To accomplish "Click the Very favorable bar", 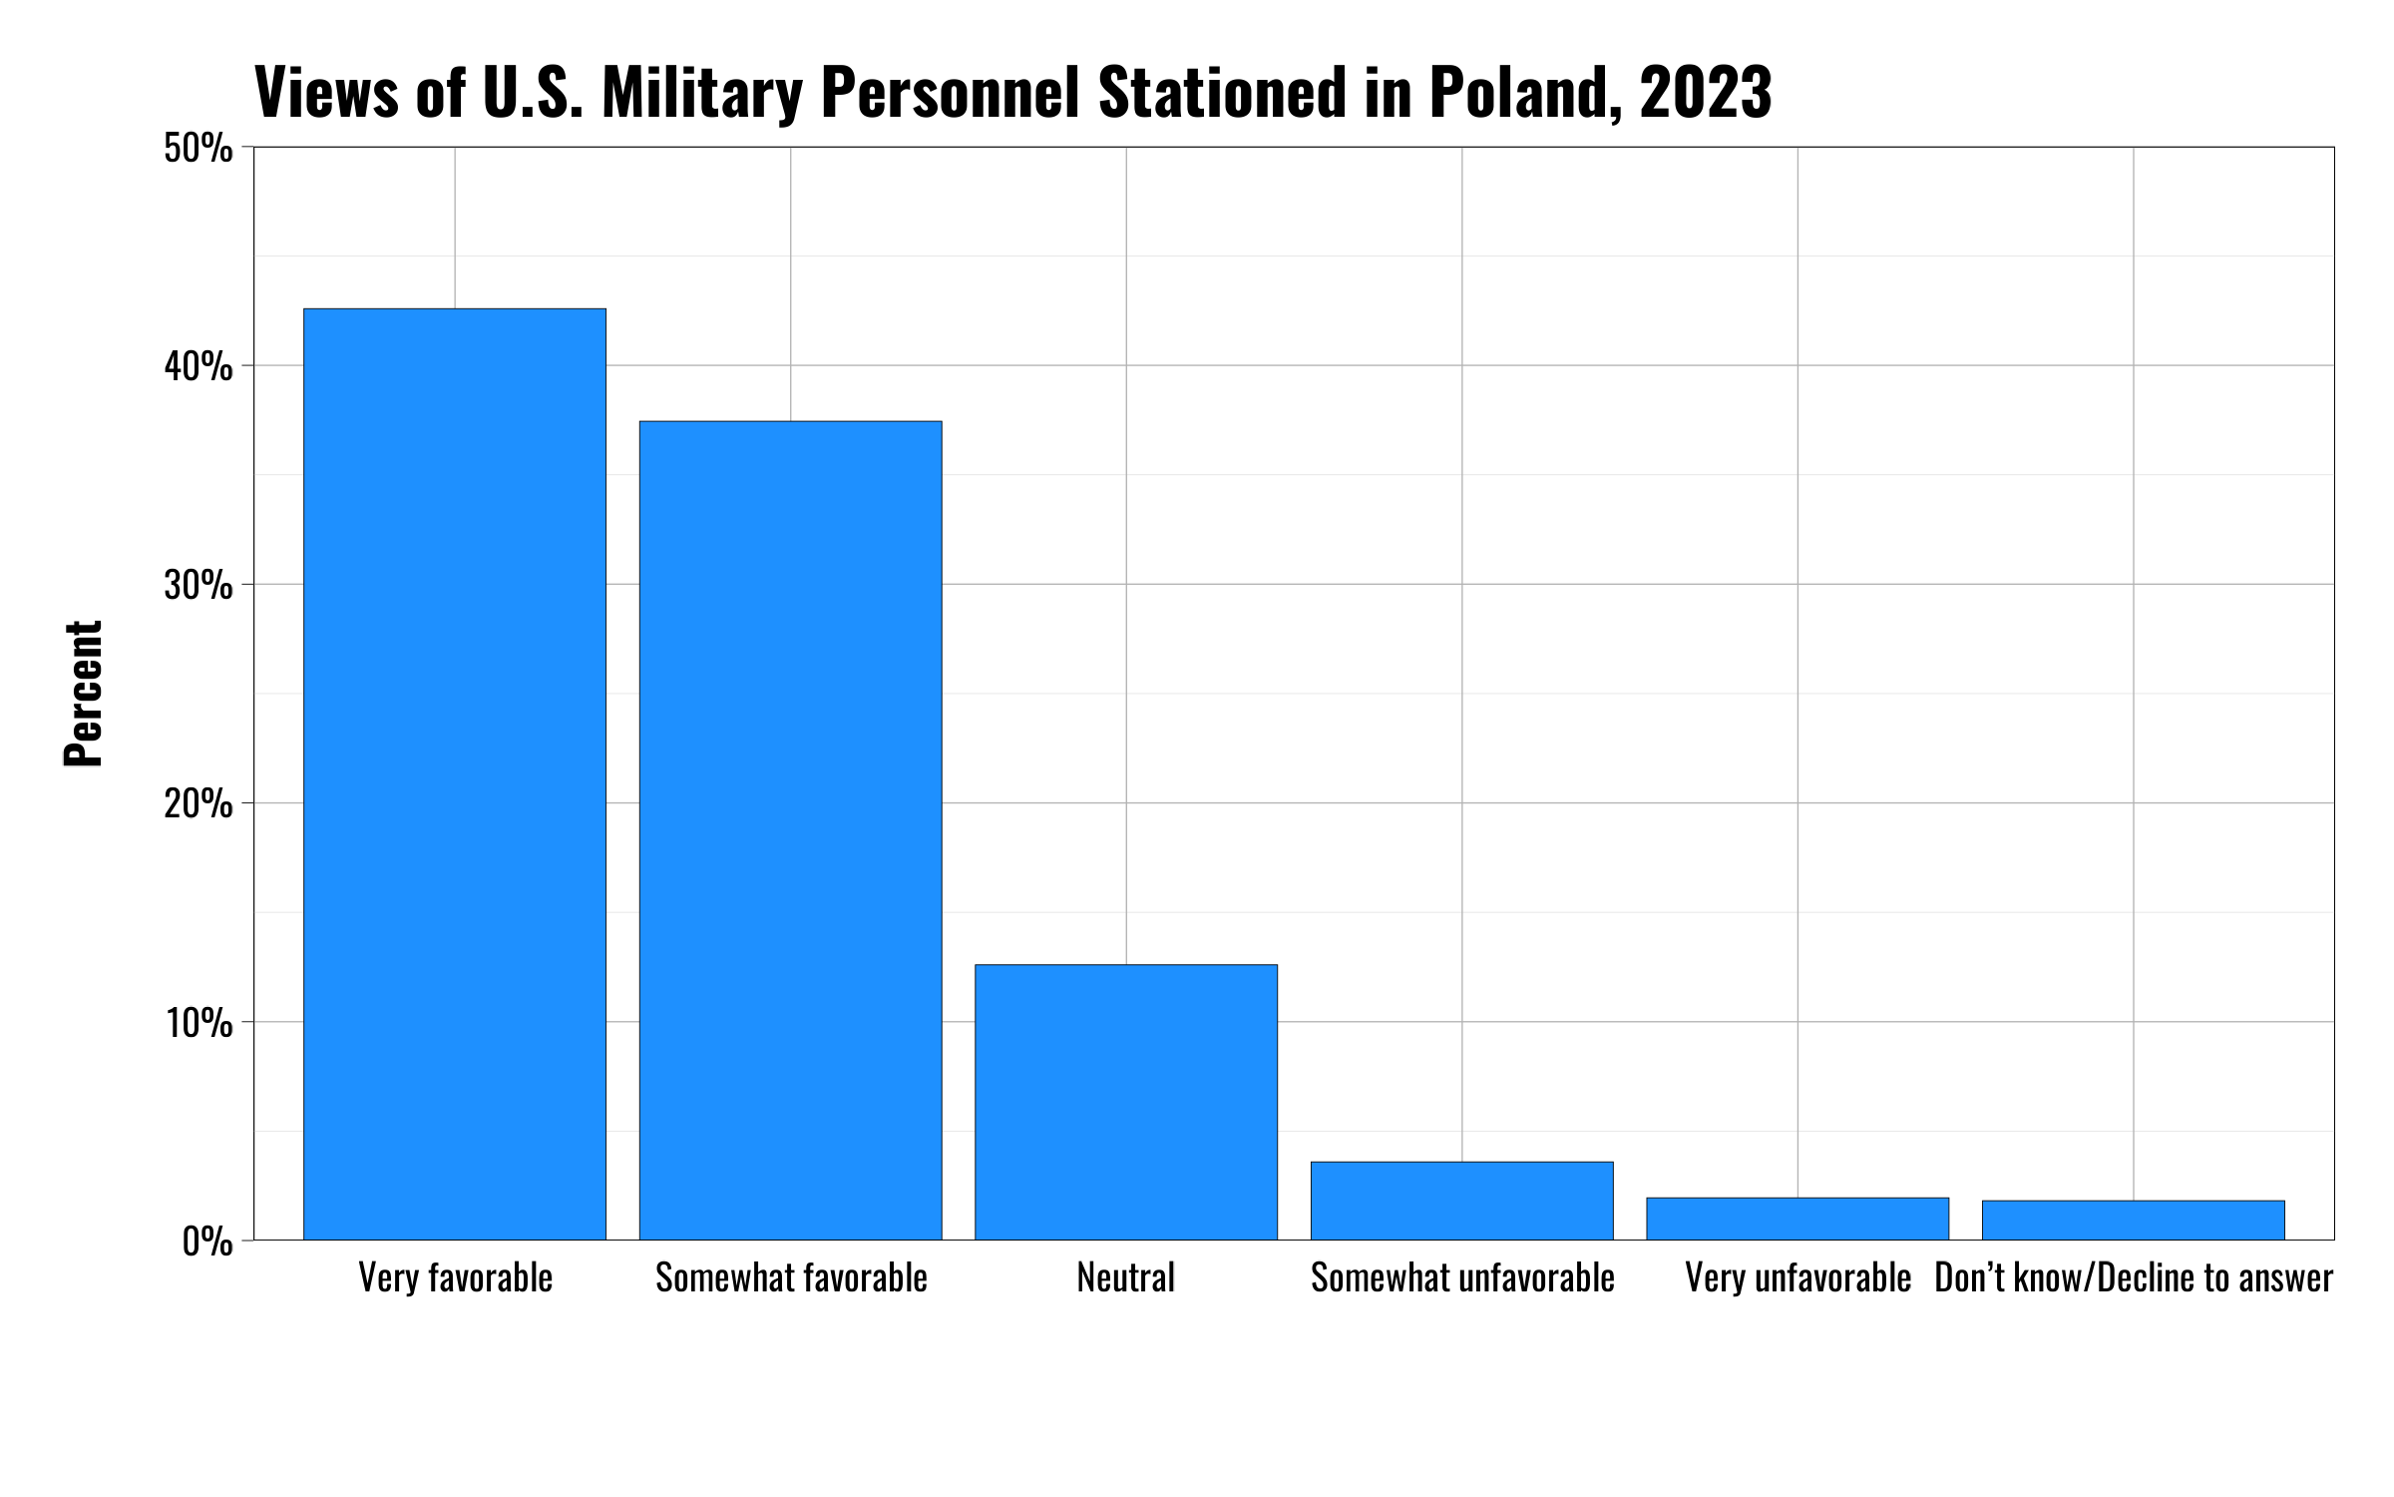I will [455, 774].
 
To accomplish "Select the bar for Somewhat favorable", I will [790, 830].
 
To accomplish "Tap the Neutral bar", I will [1126, 1102].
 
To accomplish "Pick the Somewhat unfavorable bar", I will [1461, 1201].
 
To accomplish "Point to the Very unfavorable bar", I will [1797, 1219].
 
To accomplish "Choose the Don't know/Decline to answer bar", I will [2133, 1220].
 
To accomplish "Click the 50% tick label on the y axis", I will [199, 149].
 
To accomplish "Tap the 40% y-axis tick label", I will [199, 366].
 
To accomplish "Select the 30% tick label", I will [199, 585].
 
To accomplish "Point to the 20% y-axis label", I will [199, 803].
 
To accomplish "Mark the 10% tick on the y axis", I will [199, 1022].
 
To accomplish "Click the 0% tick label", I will [207, 1242].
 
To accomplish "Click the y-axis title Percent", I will [84, 694].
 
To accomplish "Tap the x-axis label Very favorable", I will [455, 1278].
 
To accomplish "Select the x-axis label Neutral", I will [1126, 1278].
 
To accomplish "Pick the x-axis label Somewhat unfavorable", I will [1461, 1278].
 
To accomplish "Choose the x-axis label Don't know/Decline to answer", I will [2133, 1278].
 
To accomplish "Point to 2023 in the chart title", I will [1705, 92].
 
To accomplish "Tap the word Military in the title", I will [701, 92].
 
